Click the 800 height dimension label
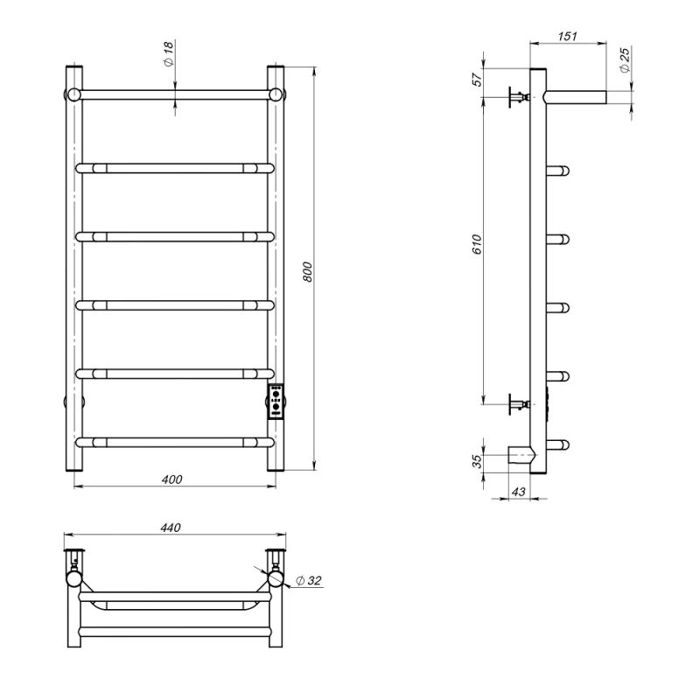click(308, 272)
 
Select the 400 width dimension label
click(171, 479)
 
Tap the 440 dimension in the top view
click(171, 528)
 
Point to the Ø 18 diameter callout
click(168, 53)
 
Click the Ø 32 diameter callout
click(309, 580)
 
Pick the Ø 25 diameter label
click(625, 59)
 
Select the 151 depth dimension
click(567, 36)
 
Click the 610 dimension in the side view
click(477, 244)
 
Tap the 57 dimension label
click(477, 80)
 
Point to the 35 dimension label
click(477, 461)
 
